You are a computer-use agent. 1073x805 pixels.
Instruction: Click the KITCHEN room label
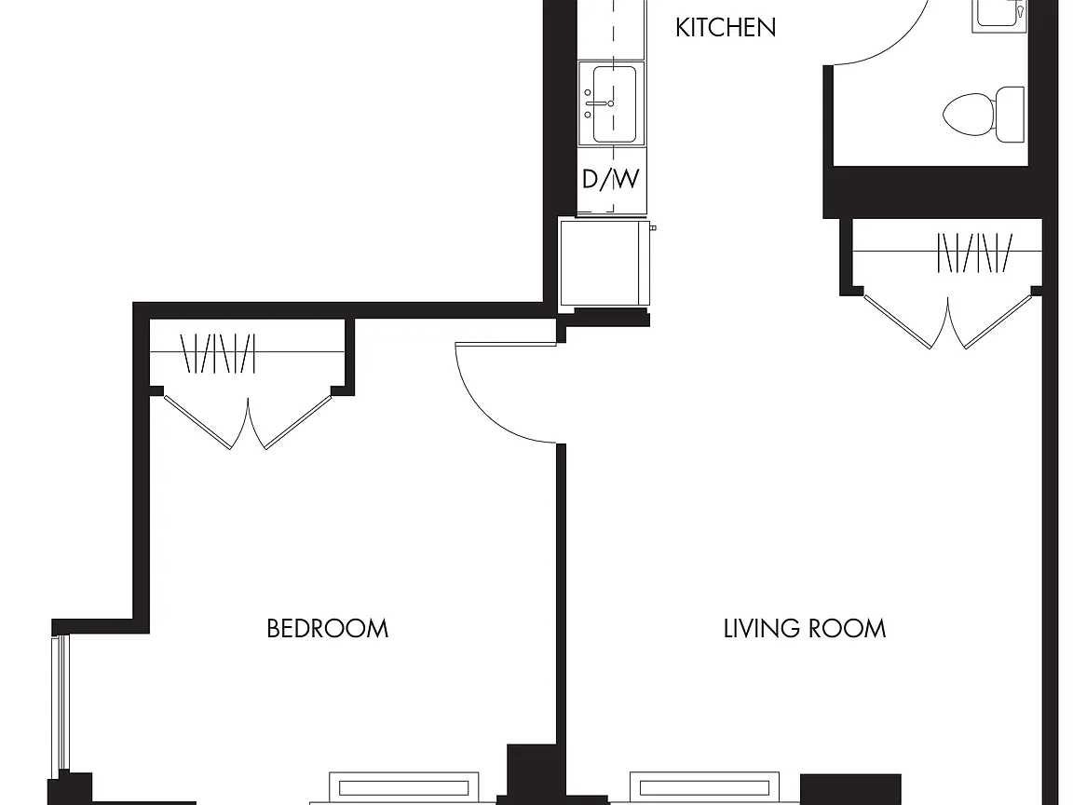point(726,28)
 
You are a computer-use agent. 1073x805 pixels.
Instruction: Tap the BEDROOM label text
point(328,628)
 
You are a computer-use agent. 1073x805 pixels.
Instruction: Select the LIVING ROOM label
point(805,628)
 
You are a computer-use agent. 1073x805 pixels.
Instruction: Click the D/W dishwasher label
point(610,179)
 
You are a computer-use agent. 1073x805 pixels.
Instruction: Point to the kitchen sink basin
point(614,103)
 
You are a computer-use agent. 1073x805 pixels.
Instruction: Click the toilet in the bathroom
point(984,115)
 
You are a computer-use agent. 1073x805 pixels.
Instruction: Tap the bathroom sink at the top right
point(999,14)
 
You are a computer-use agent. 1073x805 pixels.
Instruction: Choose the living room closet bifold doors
point(948,321)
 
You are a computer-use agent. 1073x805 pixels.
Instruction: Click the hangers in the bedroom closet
point(218,353)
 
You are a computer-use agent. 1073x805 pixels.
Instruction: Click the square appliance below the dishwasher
point(604,262)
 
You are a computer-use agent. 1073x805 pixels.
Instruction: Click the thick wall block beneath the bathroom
point(930,192)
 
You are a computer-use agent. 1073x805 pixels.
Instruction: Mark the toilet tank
point(1011,115)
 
